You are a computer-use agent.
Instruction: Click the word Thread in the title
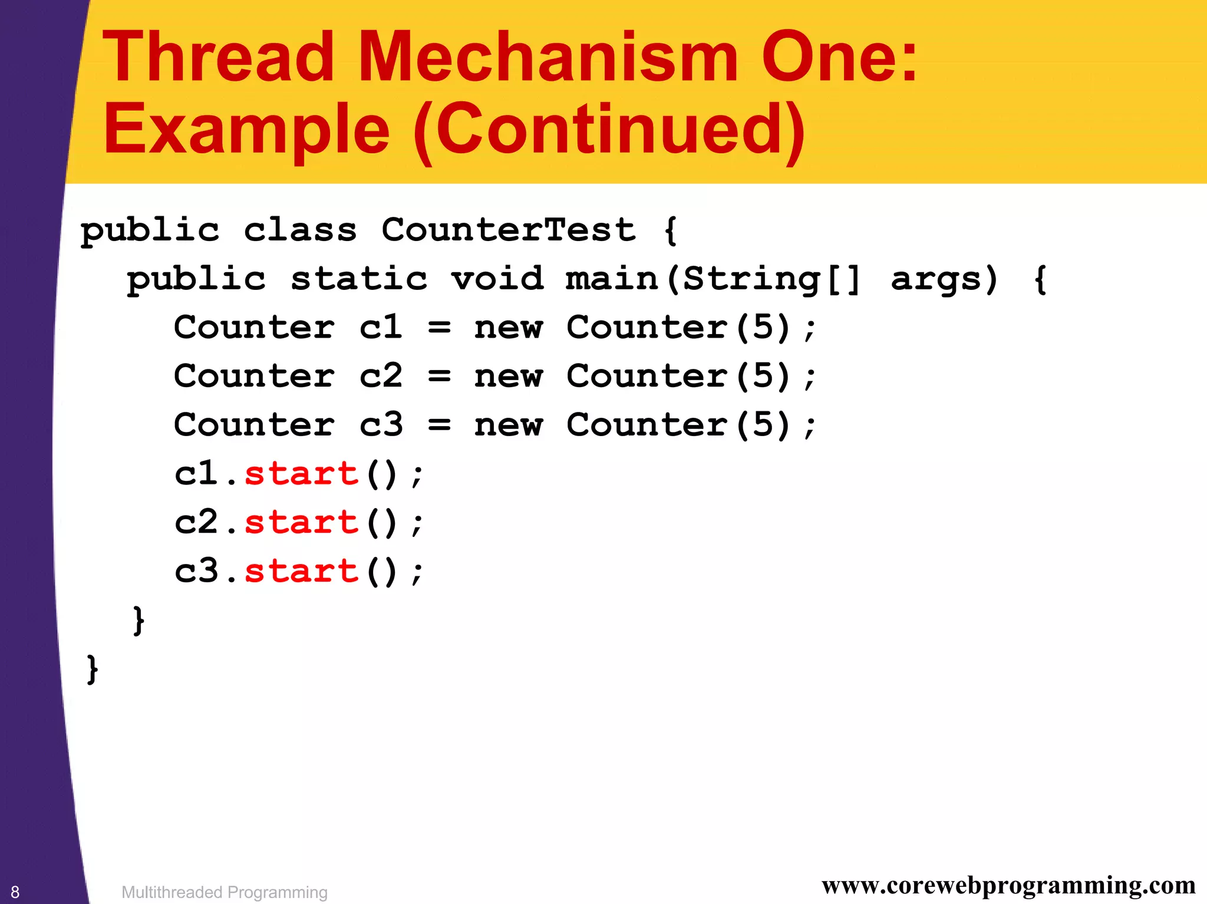click(218, 58)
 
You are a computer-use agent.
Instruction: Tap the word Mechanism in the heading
click(548, 58)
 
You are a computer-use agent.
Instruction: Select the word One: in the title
click(840, 58)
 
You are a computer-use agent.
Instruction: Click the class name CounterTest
click(509, 229)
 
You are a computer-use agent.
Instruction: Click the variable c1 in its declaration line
click(381, 327)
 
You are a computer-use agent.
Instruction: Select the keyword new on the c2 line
click(508, 376)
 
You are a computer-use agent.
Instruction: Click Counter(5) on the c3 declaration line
click(678, 425)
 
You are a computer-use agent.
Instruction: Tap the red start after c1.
click(301, 474)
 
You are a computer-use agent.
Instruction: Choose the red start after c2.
click(301, 523)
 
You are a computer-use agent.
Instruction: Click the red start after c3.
click(301, 571)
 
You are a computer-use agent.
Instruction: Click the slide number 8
click(15, 892)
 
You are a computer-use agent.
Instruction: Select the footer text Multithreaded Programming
click(224, 892)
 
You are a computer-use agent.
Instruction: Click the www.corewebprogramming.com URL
click(1008, 886)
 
